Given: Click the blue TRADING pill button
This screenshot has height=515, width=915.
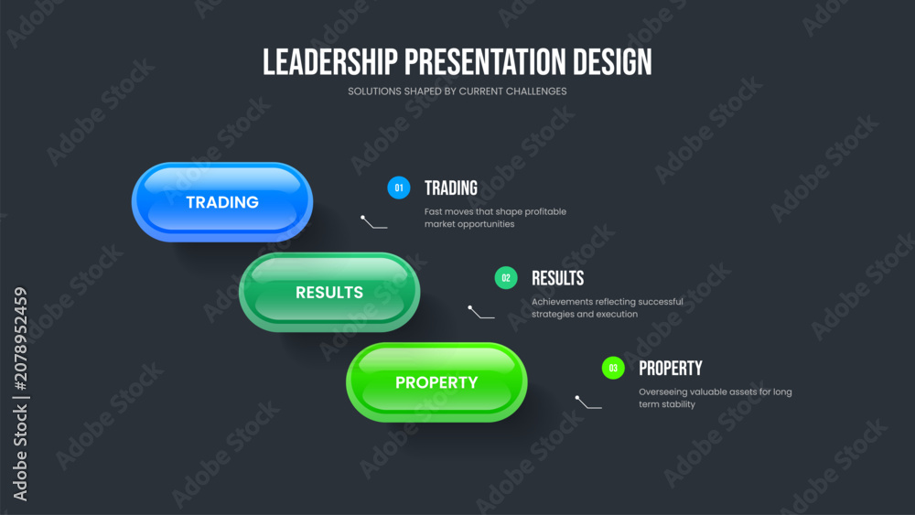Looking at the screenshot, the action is [222, 202].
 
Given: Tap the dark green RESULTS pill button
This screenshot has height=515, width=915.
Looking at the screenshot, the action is [329, 292].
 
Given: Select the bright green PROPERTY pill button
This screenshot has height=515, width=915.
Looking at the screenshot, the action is [437, 382].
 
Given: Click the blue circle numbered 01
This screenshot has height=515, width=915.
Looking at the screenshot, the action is [399, 188].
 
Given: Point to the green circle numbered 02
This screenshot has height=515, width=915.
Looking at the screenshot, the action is [506, 278].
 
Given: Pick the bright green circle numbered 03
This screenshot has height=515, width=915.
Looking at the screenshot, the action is [613, 368].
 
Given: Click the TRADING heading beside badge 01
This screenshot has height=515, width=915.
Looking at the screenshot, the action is [451, 188].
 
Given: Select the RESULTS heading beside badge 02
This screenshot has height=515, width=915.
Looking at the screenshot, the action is [558, 278].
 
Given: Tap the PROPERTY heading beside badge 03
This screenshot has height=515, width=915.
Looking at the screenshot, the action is [671, 369].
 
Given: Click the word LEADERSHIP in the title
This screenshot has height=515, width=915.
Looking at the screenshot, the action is [329, 62].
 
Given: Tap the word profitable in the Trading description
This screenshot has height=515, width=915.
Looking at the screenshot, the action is [545, 211].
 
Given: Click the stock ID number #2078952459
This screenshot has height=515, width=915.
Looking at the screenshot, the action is [20, 338].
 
